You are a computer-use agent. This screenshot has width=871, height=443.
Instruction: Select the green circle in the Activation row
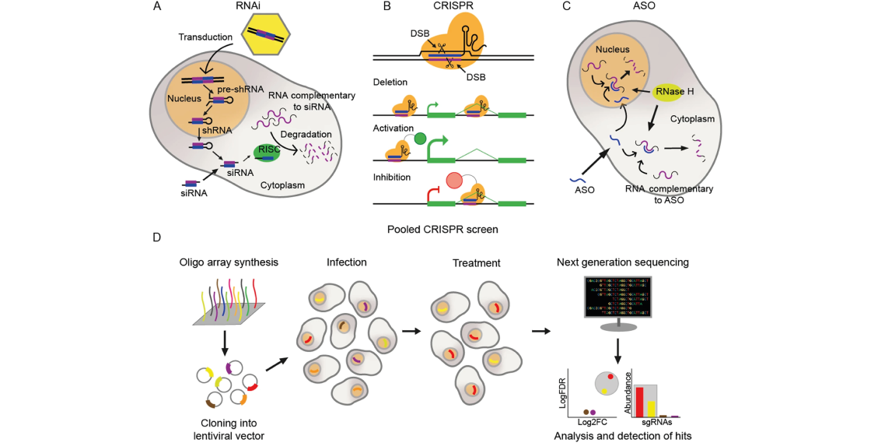coord(421,141)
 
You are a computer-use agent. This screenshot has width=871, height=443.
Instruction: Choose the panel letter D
coord(157,236)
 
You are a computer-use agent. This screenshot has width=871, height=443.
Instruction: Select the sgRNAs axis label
coord(656,422)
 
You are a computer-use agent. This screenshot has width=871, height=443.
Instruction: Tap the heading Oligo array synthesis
coord(225,262)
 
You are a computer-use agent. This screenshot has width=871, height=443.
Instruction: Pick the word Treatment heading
coord(476,263)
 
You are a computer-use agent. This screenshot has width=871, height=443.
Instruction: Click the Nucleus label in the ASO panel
coord(612,50)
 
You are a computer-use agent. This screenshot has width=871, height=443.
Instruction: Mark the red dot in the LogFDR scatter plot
coord(611,377)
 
